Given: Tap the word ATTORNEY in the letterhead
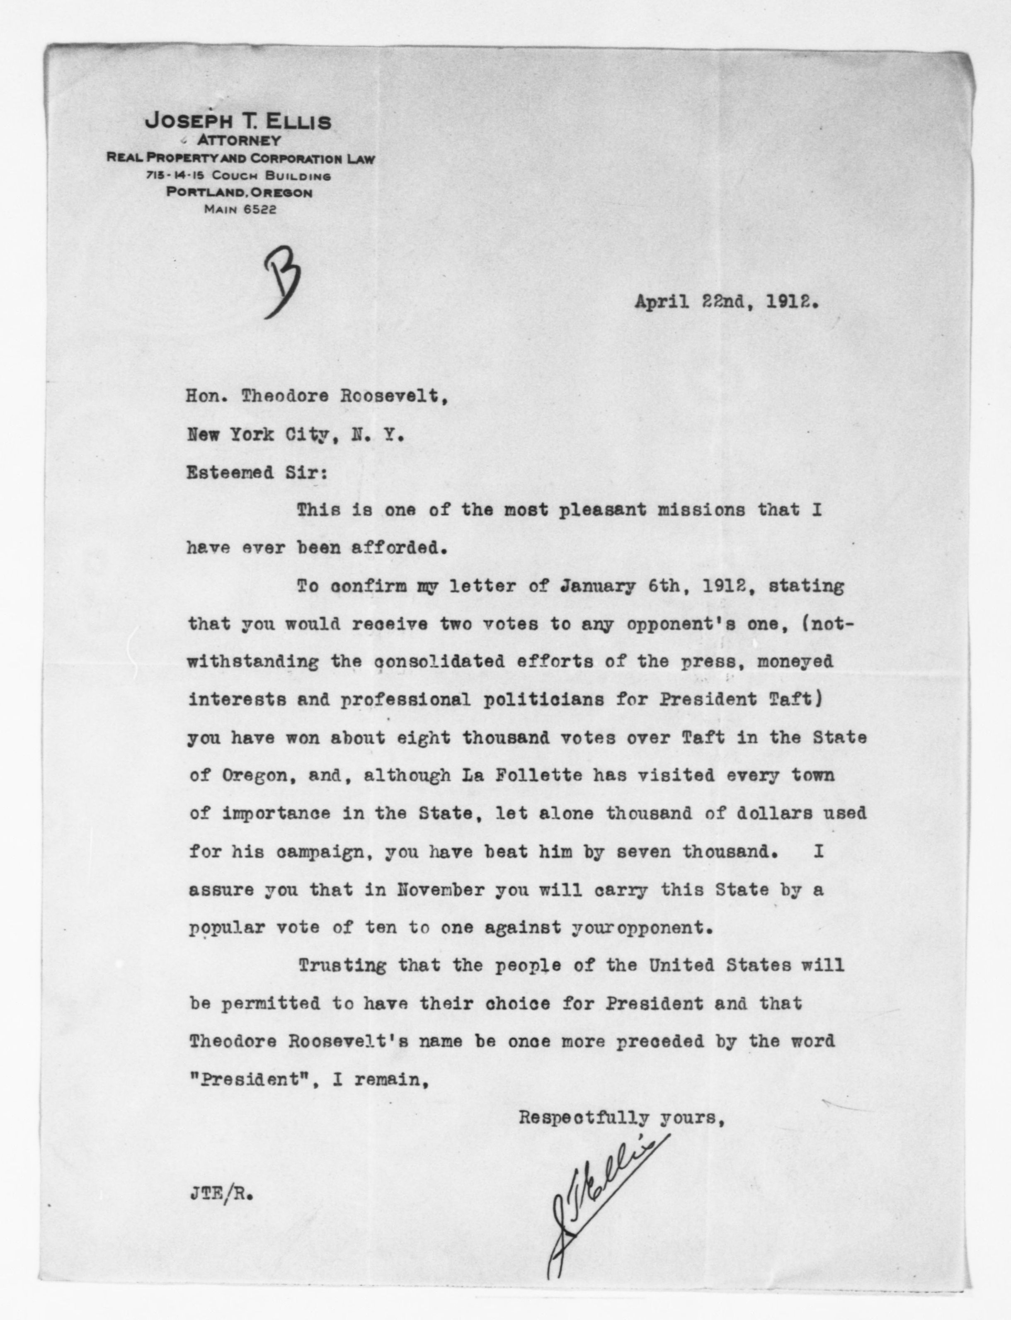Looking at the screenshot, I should [x=239, y=141].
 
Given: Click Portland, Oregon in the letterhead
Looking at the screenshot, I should [x=240, y=193].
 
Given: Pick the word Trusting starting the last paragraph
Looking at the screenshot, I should [x=342, y=966].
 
